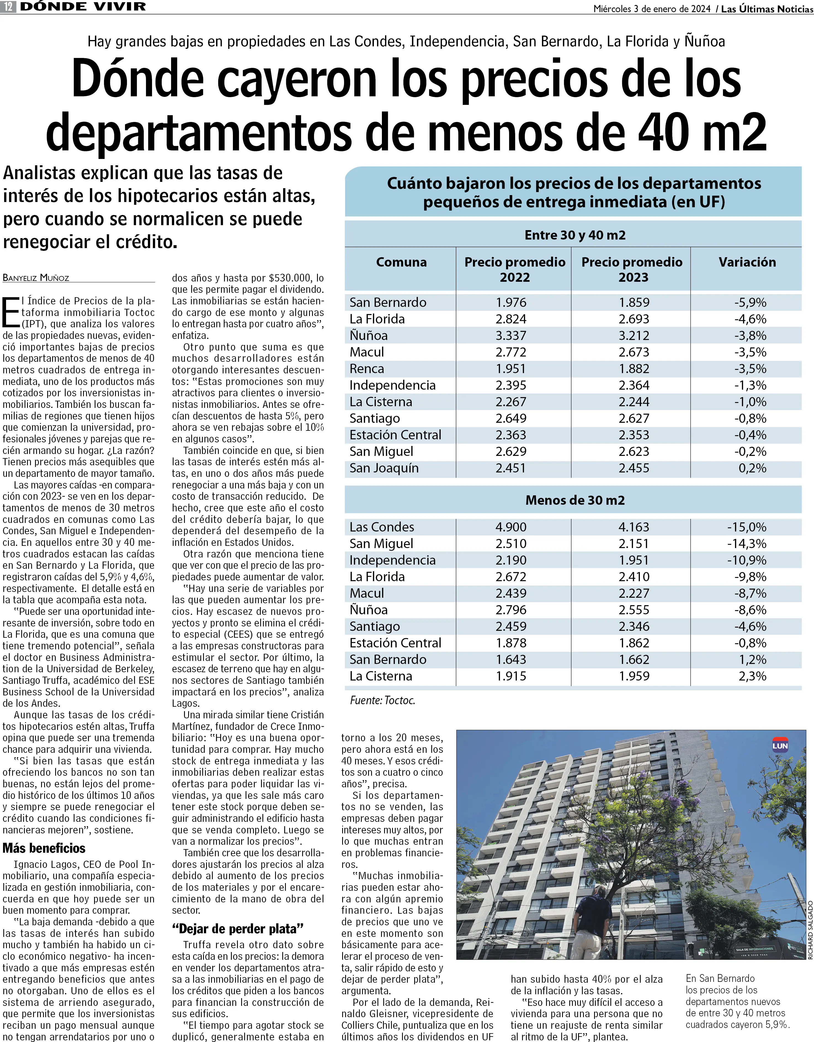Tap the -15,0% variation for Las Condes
(x=747, y=527)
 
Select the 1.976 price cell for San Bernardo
(x=511, y=302)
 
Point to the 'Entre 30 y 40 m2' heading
(x=575, y=235)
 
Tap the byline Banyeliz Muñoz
(x=36, y=278)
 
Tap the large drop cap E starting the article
(x=10, y=312)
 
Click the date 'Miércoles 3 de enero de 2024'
(x=652, y=9)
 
